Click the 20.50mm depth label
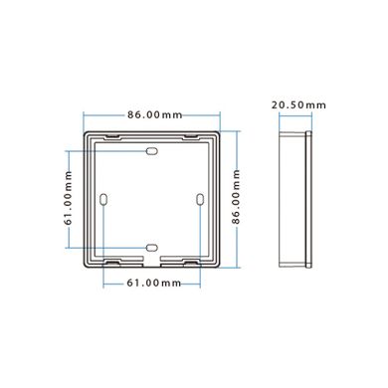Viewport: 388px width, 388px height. click(x=298, y=104)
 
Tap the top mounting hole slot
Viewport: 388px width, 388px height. click(x=151, y=151)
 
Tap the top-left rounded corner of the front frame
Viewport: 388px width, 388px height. click(x=86, y=134)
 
